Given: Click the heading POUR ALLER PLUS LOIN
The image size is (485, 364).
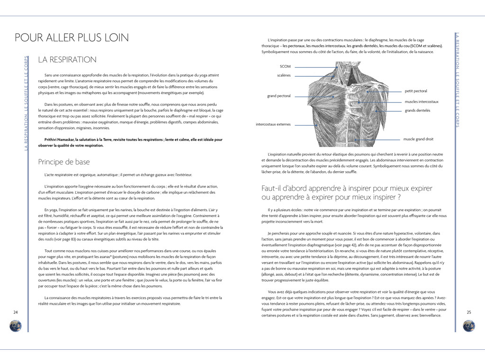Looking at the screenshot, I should pyautogui.click(x=72, y=38).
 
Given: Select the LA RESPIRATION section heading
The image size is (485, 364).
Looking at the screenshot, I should pyautogui.click(x=67, y=60).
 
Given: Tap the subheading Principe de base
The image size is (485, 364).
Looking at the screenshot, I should pyautogui.click(x=63, y=162).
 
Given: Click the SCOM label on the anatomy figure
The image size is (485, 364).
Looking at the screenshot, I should pyautogui.click(x=285, y=67).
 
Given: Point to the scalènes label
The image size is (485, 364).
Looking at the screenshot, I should pyautogui.click(x=284, y=75).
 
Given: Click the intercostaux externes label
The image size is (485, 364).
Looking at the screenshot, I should pyautogui.click(x=273, y=125).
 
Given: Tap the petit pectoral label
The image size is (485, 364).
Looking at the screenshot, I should pyautogui.click(x=416, y=91).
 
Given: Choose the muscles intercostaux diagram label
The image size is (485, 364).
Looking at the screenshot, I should pyautogui.click(x=422, y=101).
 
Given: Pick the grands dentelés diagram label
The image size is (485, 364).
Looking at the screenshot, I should pyautogui.click(x=417, y=110).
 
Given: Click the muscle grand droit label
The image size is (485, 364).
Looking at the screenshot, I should pyautogui.click(x=418, y=139).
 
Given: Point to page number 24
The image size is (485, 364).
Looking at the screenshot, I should pyautogui.click(x=15, y=312).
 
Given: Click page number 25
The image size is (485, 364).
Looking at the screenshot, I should pyautogui.click(x=469, y=312).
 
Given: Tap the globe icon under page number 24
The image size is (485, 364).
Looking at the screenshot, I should pyautogui.click(x=16, y=326).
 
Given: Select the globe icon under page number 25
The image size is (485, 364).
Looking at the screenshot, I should pyautogui.click(x=469, y=326).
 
